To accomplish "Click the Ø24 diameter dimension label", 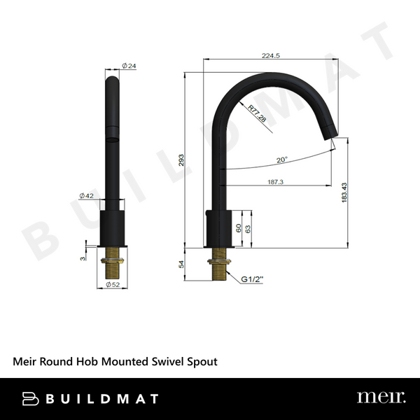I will point(128,65).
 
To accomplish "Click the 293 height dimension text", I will point(181,160).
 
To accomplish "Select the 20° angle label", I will point(281,160).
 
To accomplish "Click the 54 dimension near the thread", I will point(181,265).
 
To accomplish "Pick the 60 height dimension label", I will point(238,228).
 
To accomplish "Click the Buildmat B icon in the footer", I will point(31,398).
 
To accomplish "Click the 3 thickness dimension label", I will point(85,258).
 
